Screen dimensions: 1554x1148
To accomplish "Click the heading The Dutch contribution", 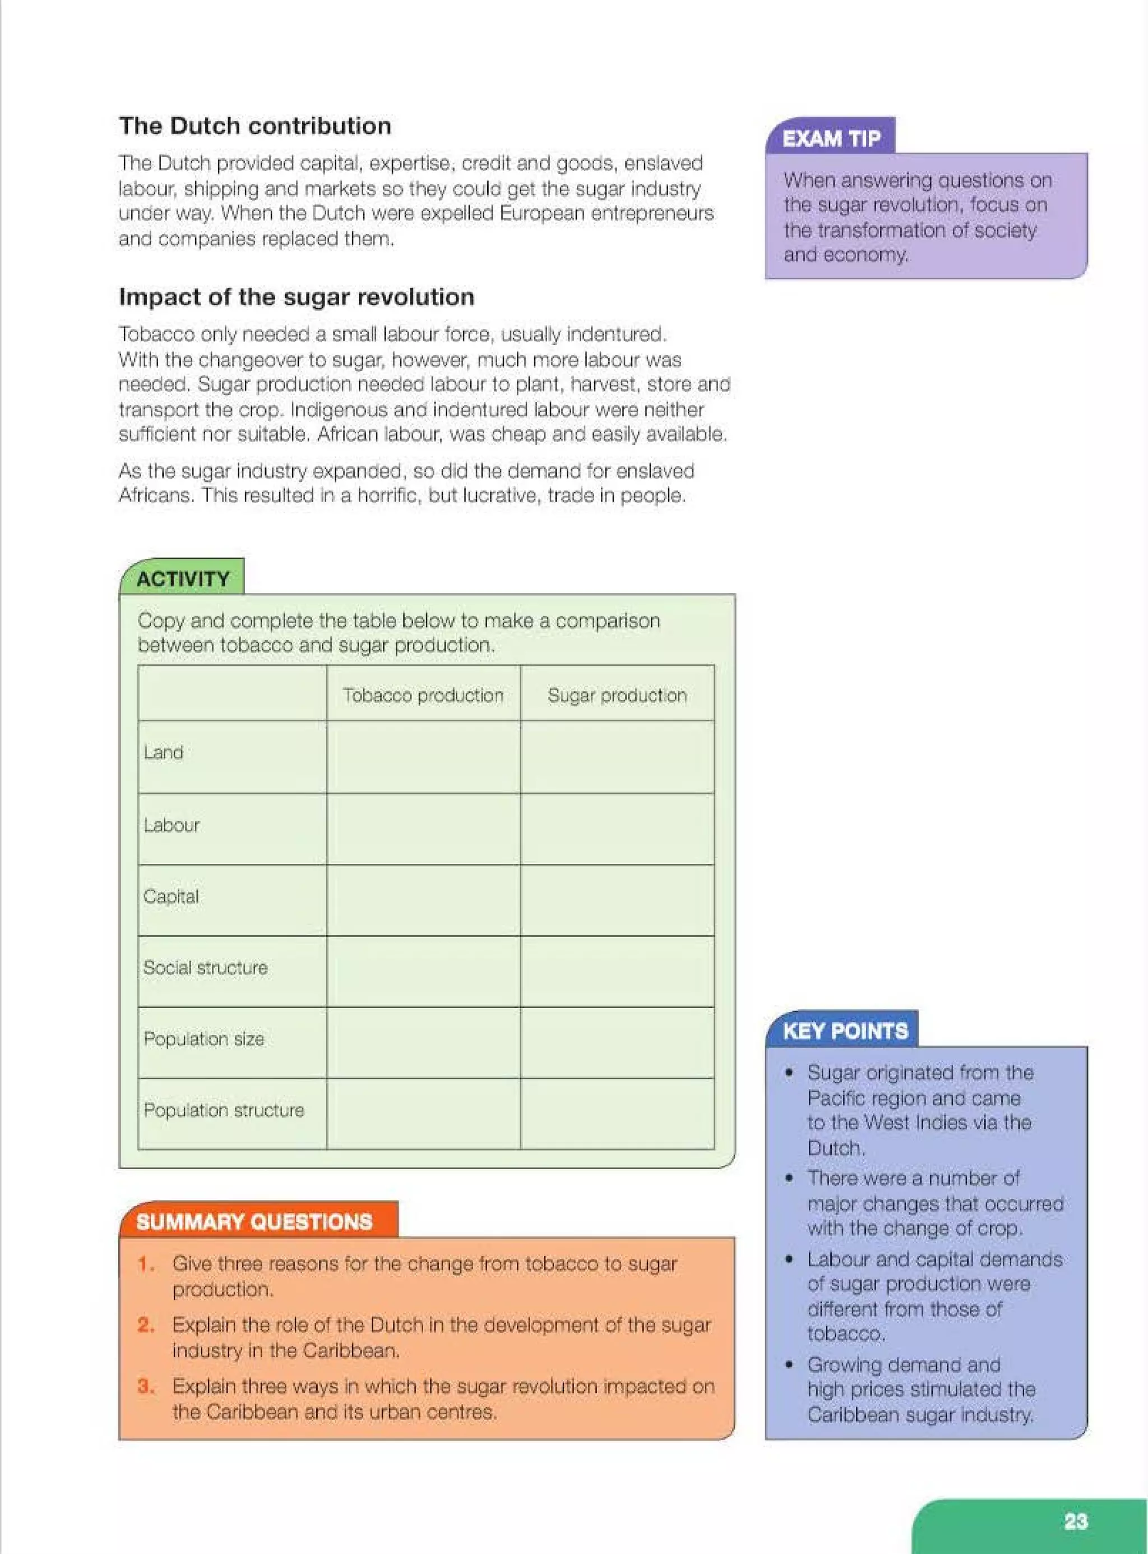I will (255, 126).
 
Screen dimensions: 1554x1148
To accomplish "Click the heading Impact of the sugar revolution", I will (297, 297).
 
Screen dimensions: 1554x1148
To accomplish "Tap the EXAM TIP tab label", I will (831, 139).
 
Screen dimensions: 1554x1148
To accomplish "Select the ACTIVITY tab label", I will (183, 578).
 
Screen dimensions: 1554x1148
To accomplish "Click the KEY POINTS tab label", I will (845, 1031).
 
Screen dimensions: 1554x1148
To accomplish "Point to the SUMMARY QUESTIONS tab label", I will (254, 1222).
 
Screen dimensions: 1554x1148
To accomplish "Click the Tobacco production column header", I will (423, 695).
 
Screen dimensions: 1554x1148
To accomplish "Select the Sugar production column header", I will (617, 695).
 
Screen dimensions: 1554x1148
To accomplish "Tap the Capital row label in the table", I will (171, 896).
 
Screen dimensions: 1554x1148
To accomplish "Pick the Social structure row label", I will (205, 967).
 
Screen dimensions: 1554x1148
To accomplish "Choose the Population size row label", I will (203, 1039).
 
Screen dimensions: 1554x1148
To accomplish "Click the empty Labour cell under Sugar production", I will (617, 829).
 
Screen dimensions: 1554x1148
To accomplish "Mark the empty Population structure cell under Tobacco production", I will (423, 1113).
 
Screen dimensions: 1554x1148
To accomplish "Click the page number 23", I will (1075, 1521).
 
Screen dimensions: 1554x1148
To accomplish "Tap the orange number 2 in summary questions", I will (145, 1325).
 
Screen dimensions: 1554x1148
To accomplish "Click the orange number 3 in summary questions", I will (145, 1386).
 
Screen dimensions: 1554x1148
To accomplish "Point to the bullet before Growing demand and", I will (789, 1365).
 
